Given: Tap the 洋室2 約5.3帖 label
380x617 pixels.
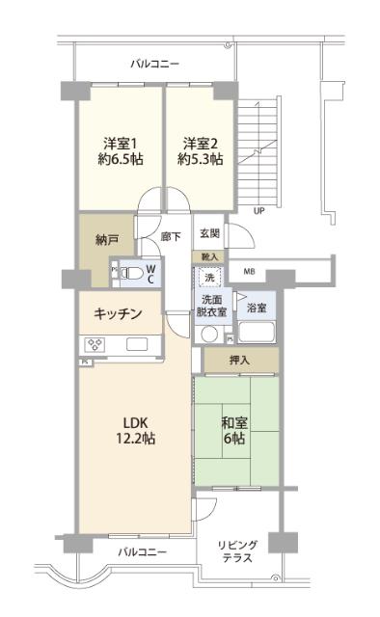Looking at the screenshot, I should click(x=202, y=151).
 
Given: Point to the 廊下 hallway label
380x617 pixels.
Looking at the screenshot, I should click(x=171, y=235).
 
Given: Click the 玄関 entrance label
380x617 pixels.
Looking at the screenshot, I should click(x=209, y=233).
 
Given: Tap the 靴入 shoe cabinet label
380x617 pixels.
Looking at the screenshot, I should click(x=210, y=256).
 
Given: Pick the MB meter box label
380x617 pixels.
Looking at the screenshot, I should click(x=249, y=273).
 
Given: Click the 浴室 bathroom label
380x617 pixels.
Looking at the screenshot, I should click(x=256, y=308).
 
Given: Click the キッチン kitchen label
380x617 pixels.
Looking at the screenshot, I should click(x=119, y=313).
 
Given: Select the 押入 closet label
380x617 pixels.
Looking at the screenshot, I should click(x=240, y=360).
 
